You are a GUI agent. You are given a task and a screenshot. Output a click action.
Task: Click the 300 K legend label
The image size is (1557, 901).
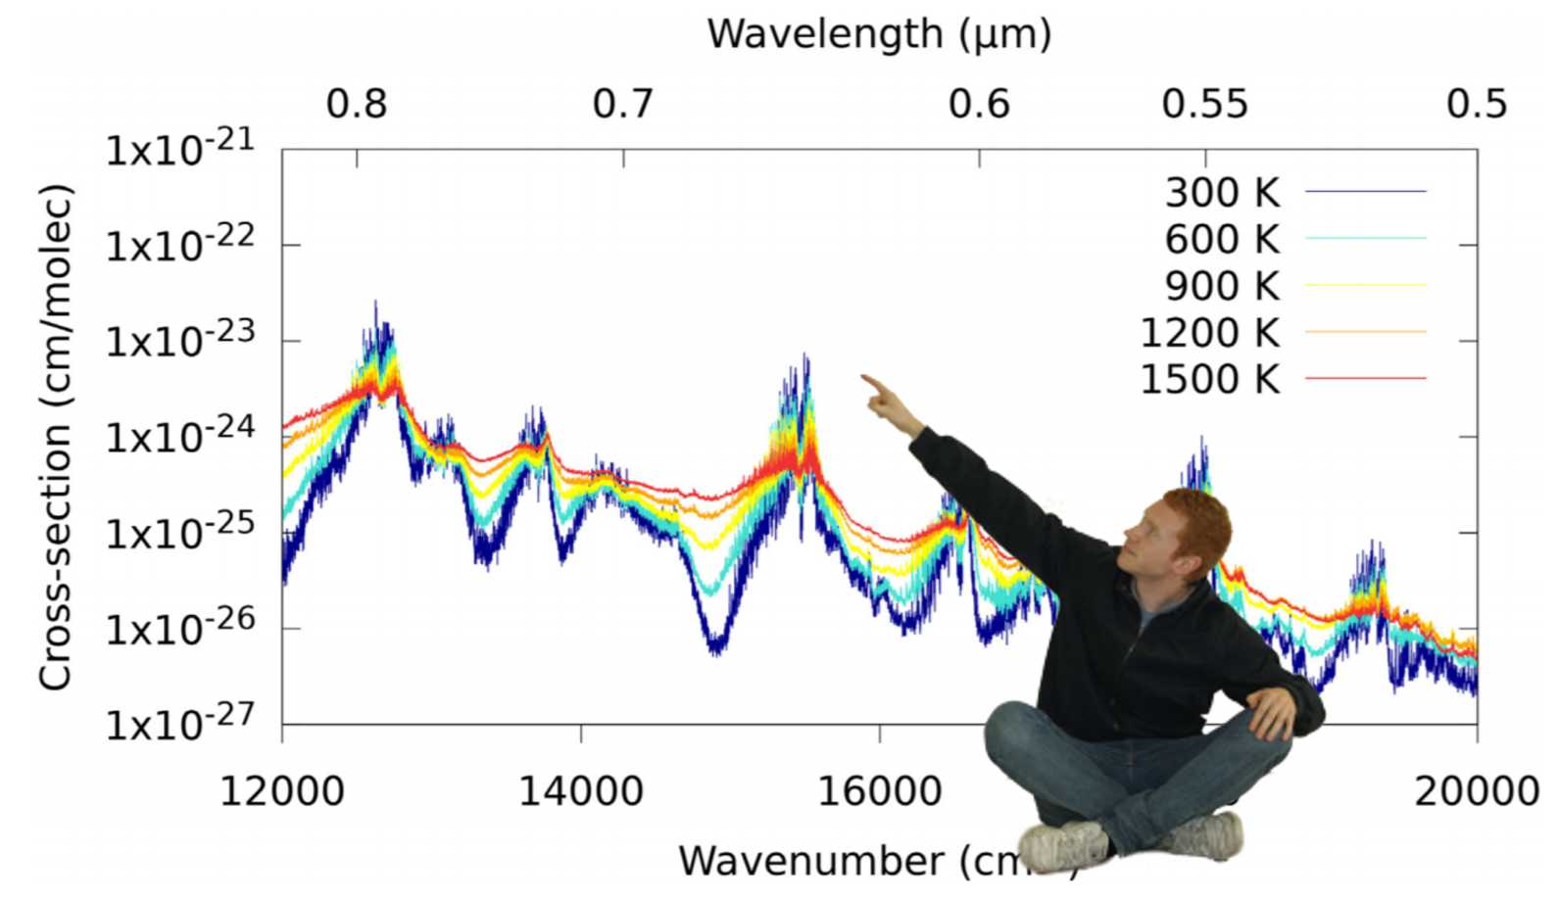(1222, 193)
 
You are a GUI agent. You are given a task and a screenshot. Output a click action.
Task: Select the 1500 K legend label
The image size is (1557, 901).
(1210, 379)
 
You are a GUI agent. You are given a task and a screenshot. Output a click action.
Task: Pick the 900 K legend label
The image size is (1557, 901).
(1222, 286)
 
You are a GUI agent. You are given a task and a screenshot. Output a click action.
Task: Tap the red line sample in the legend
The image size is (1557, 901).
(1366, 378)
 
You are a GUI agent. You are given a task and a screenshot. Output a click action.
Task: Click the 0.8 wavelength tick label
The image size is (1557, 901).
(357, 104)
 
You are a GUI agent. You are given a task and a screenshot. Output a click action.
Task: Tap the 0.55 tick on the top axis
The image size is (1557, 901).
(1205, 104)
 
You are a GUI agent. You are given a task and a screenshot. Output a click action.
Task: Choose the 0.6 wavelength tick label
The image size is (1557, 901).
(979, 104)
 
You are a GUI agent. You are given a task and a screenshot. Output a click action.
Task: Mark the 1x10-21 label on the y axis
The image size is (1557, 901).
(180, 149)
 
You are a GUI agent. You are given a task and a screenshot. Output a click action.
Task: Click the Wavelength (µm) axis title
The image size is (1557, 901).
(879, 34)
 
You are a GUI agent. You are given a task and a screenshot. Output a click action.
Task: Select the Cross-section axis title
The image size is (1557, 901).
(56, 437)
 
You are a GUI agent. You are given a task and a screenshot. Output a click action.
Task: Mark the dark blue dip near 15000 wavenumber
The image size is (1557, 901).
(716, 642)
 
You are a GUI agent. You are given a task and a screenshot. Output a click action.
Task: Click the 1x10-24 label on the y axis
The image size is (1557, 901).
(180, 436)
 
